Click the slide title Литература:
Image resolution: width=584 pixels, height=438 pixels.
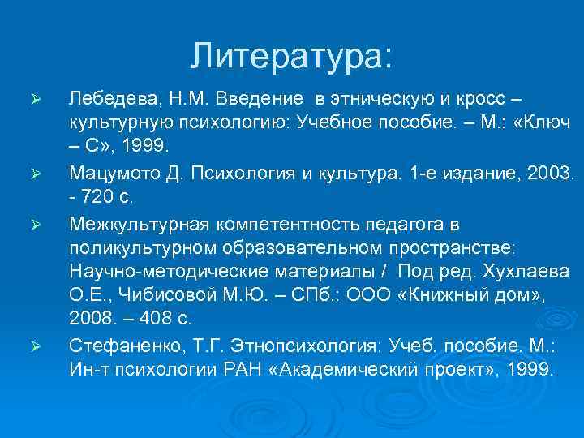tap(291, 55)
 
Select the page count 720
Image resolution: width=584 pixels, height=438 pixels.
tap(101, 197)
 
